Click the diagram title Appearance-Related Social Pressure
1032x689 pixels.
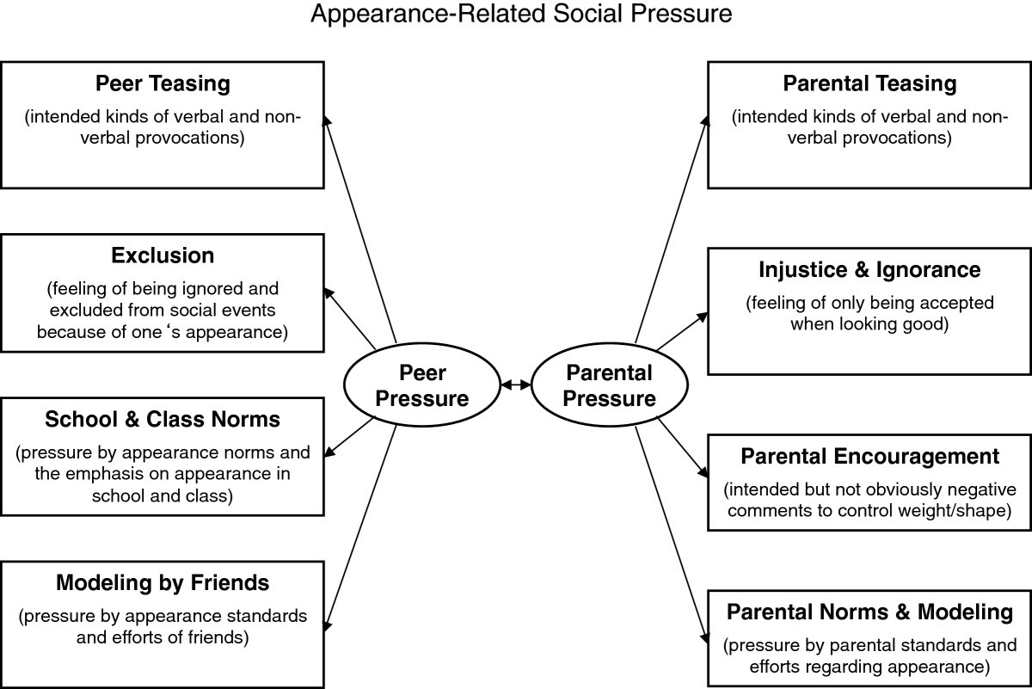(x=521, y=15)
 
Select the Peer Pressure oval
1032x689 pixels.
(x=421, y=385)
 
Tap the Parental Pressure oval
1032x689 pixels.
(x=610, y=385)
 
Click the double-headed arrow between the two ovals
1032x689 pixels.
(x=516, y=386)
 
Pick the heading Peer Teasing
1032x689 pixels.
(x=163, y=83)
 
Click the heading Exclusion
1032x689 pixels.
(x=163, y=255)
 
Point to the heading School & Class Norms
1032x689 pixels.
(x=163, y=419)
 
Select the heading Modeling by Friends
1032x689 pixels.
(x=163, y=582)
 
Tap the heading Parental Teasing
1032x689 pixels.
(x=869, y=83)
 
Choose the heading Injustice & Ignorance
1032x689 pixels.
(x=869, y=270)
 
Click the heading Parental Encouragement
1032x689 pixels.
(x=869, y=456)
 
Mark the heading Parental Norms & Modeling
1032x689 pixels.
(x=869, y=612)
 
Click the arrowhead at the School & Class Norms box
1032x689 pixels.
(x=330, y=451)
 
